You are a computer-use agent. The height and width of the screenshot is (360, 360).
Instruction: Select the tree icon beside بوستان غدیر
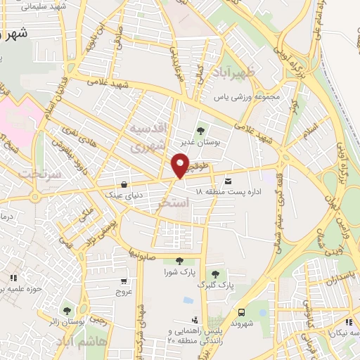[201, 131]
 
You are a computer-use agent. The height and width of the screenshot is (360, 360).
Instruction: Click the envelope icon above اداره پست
[228, 181]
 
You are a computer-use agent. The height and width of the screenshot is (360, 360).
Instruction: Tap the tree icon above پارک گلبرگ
[216, 274]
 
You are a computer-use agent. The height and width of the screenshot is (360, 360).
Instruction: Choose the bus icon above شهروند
[242, 311]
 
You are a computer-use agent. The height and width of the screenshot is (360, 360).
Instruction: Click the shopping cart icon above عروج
[124, 281]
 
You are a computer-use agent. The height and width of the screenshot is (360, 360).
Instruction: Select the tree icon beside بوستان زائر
[67, 311]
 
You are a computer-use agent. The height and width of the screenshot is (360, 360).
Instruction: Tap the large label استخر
[174, 202]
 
